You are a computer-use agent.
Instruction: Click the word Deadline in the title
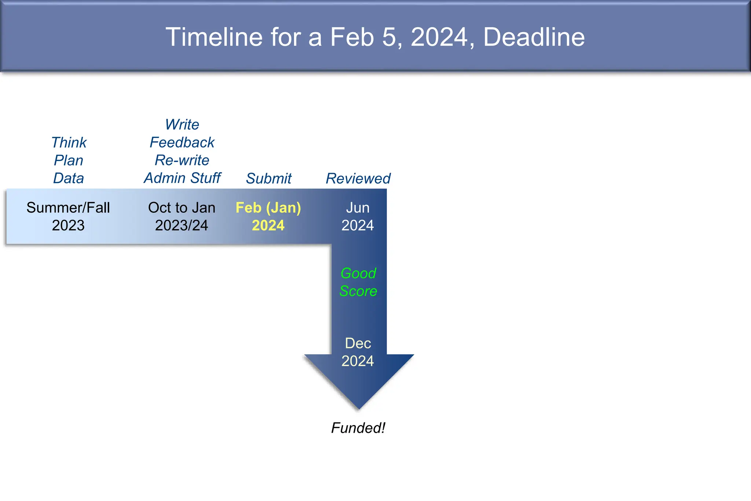point(534,37)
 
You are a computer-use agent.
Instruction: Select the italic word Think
point(69,143)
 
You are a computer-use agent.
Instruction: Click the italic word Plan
point(69,161)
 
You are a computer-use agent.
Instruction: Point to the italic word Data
point(69,178)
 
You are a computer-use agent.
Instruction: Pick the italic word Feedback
point(182,143)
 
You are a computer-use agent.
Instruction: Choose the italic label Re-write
point(182,160)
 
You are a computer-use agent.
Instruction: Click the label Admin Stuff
point(182,178)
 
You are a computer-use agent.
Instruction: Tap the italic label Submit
point(269,179)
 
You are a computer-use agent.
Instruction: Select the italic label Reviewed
point(358,179)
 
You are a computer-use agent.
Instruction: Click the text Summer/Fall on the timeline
point(68,208)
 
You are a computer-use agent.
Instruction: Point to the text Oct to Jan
point(182,208)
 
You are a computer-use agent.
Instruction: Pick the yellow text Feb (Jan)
point(268,208)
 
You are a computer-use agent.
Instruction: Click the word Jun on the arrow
point(358,208)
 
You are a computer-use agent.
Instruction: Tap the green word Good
point(358,274)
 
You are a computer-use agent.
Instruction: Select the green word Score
point(358,291)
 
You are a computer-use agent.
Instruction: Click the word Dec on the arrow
point(358,344)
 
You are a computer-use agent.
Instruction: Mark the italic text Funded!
point(358,428)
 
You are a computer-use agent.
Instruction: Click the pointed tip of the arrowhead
point(359,408)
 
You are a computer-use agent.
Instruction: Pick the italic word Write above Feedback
point(182,125)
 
